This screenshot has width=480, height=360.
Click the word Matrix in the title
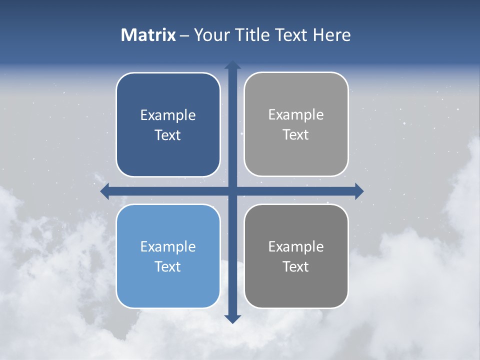pyautogui.click(x=148, y=35)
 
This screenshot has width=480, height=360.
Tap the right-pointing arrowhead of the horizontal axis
pyautogui.click(x=359, y=191)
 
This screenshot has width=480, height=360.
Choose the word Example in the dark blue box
pyautogui.click(x=168, y=115)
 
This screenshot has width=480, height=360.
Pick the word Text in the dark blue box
pyautogui.click(x=168, y=135)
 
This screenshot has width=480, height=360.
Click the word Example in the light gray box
pyautogui.click(x=296, y=115)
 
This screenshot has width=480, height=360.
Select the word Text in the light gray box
pyautogui.click(x=296, y=135)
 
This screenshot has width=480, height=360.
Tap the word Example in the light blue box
pyautogui.click(x=168, y=247)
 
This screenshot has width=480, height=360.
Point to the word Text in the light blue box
pyautogui.click(x=168, y=267)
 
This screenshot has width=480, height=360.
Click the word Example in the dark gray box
pyautogui.click(x=296, y=247)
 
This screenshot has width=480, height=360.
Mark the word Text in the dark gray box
pyautogui.click(x=296, y=267)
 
